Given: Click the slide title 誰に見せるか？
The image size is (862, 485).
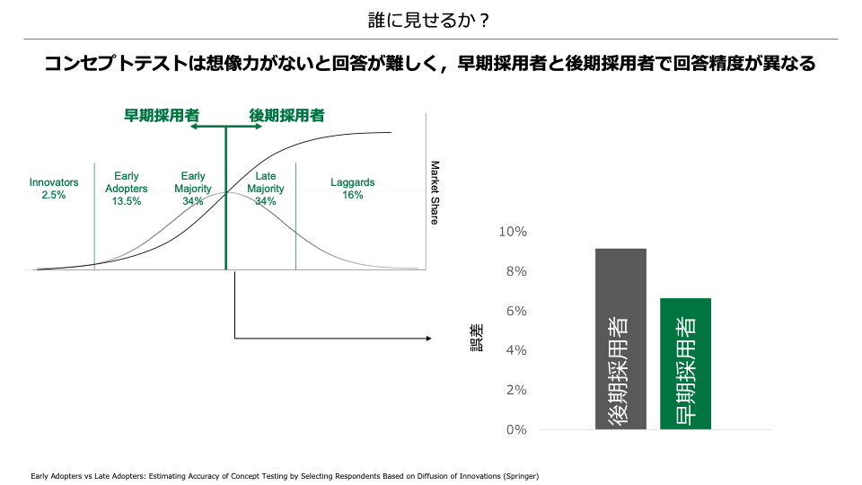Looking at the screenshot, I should [x=430, y=19].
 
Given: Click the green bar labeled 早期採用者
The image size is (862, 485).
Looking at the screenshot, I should [x=685, y=363].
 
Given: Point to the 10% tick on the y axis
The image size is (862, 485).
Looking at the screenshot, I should [x=513, y=232].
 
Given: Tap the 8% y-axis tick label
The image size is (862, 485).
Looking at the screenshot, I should [x=515, y=271].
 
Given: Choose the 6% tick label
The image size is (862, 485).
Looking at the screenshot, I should [x=515, y=311].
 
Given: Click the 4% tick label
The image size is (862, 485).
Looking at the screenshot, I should [x=515, y=350].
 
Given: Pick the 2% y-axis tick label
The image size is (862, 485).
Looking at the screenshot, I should [x=515, y=390].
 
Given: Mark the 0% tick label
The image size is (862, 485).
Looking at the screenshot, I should [x=515, y=429].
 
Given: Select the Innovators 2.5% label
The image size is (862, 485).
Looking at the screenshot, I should [x=54, y=189].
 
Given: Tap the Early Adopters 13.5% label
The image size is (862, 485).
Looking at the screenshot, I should [x=127, y=189].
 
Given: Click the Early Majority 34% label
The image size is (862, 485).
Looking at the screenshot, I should [x=193, y=189].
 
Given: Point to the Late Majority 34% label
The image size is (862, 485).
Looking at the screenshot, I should [x=266, y=189].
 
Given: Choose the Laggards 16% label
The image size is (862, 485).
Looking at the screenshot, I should [x=352, y=189].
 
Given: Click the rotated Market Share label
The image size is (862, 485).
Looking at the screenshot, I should [x=435, y=192].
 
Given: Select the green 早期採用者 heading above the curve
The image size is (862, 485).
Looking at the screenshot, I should [x=162, y=115].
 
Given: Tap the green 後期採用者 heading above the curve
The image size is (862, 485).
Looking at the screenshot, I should [x=286, y=115].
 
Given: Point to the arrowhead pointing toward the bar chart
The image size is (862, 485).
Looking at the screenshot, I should [x=427, y=339].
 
